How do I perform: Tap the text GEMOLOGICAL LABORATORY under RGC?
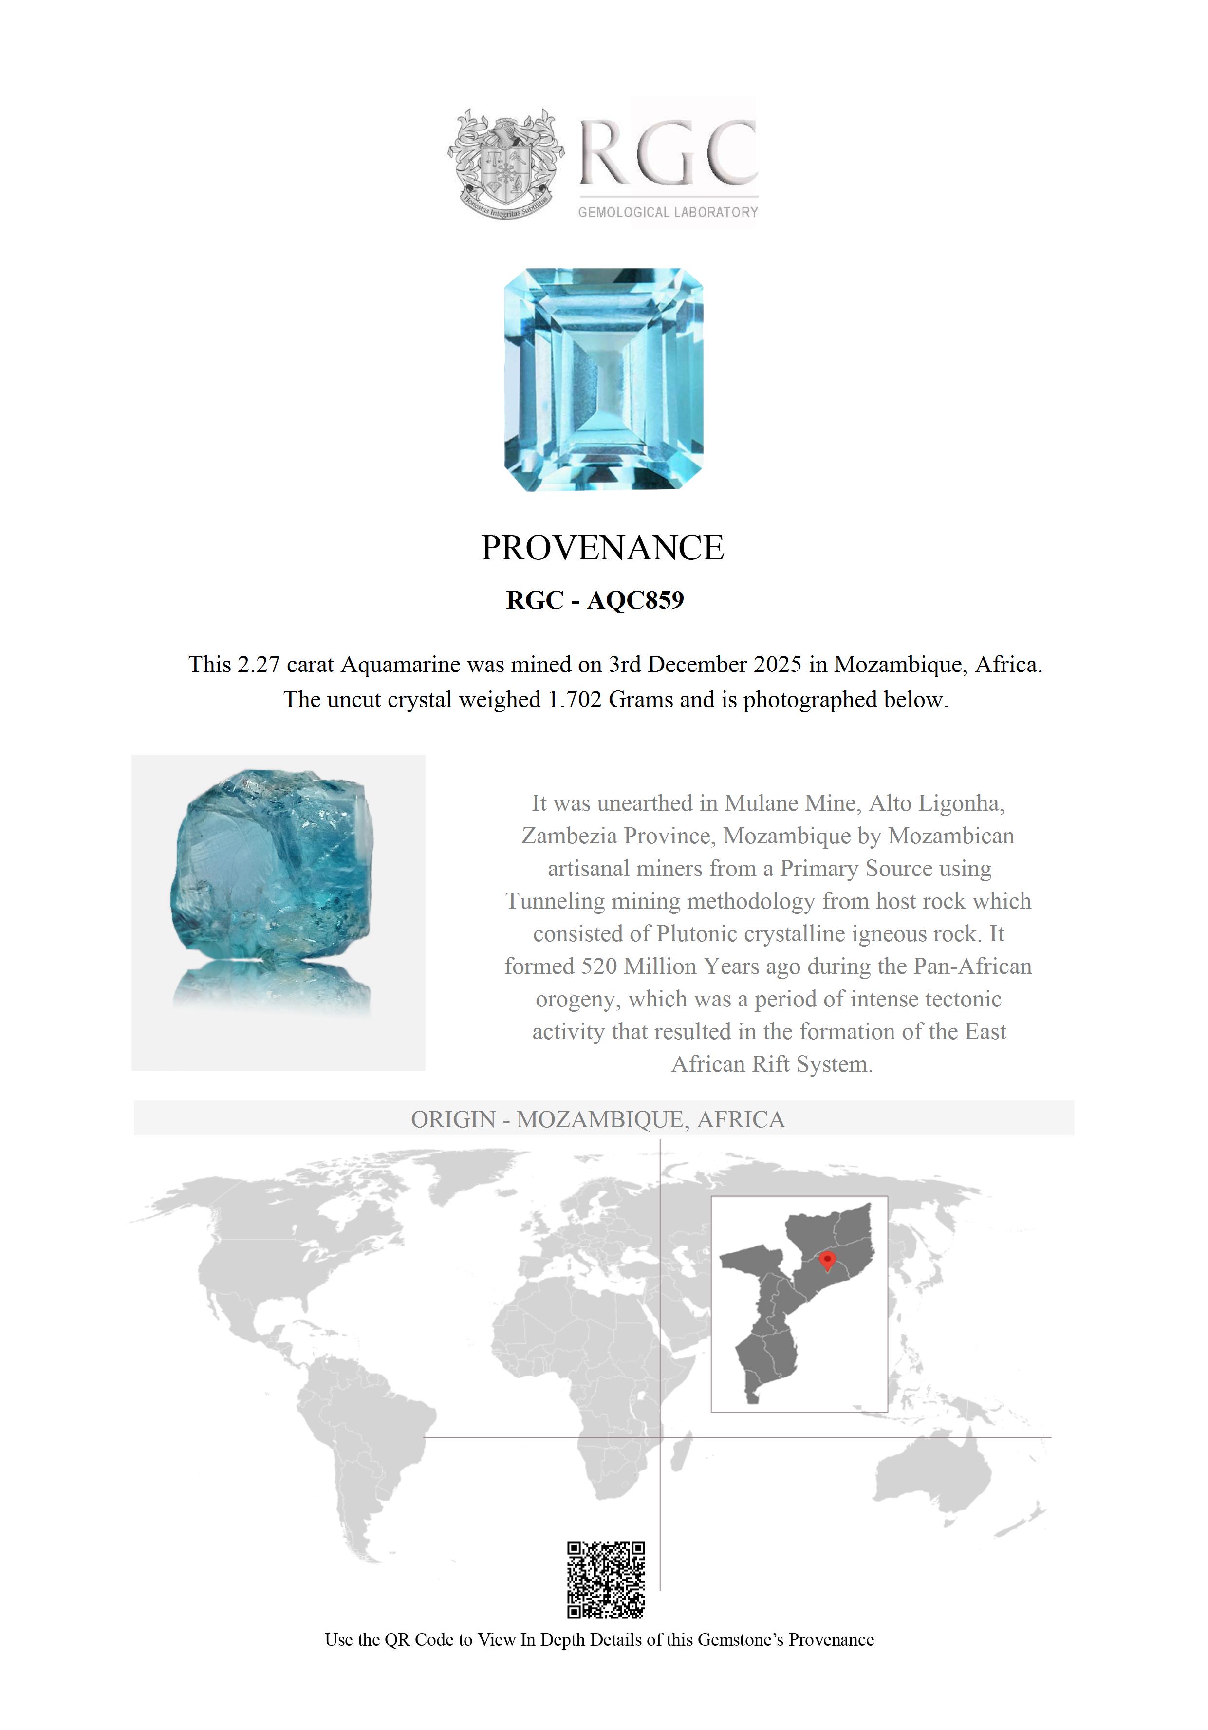coord(668,212)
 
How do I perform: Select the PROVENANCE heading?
coord(603,548)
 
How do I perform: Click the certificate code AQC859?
coord(635,600)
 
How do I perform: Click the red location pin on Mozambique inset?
coord(827,1260)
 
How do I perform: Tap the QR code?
coord(606,1580)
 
